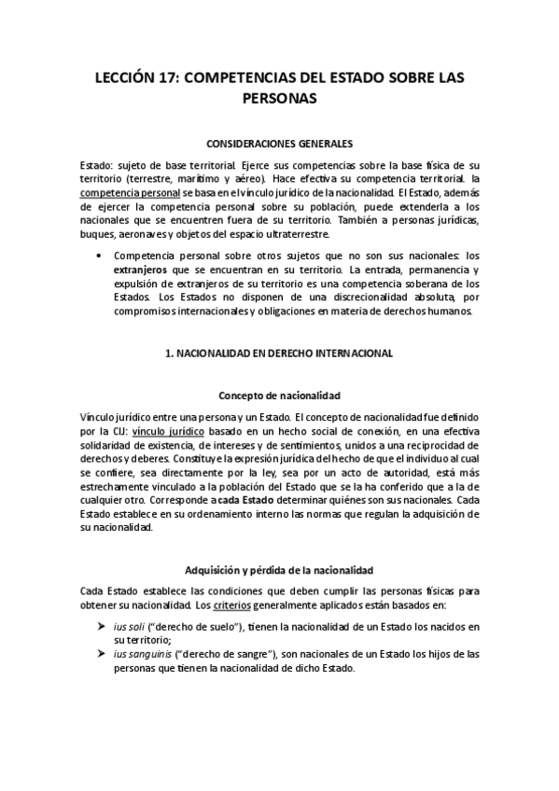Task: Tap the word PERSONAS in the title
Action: pos(279,97)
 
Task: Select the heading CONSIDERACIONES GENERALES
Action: pos(279,144)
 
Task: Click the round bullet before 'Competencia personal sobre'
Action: pos(99,254)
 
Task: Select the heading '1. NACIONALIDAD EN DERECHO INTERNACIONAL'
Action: pos(279,354)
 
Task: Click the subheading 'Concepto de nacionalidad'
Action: pos(279,395)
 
